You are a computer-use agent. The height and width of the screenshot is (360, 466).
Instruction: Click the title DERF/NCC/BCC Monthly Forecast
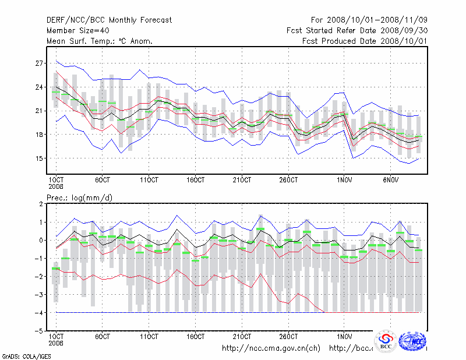click(x=109, y=20)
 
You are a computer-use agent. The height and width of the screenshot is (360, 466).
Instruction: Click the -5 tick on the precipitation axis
click(x=38, y=331)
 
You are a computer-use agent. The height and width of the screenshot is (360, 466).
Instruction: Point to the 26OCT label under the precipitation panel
click(x=288, y=337)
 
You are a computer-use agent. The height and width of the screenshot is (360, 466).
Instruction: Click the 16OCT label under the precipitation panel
click(x=196, y=337)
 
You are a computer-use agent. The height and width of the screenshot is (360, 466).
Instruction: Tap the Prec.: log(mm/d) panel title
click(x=79, y=198)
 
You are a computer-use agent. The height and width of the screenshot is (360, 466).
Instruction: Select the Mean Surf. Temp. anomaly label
click(x=100, y=41)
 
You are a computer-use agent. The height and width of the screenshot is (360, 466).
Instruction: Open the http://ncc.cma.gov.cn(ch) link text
click(x=271, y=348)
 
